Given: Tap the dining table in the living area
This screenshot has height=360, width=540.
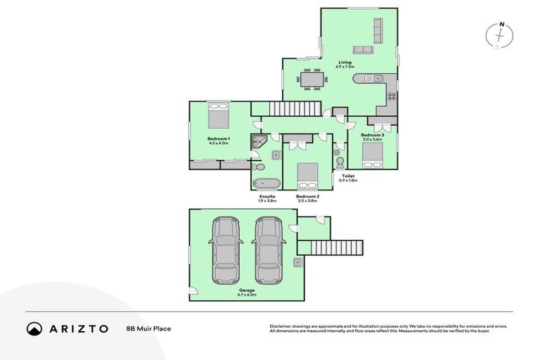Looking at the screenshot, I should pos(311,79).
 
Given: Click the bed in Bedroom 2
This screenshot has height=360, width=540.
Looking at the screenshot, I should pos(306,173).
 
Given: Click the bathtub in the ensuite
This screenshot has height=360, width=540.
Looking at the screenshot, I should pos(266,184).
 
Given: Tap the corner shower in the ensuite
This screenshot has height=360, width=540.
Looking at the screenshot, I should pos(259,141).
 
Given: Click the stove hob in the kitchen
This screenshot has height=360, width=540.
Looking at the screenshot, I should pos(390,98).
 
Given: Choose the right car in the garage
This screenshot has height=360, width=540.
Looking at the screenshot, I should pos(267,251).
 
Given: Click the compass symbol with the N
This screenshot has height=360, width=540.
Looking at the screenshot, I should pos(501,36).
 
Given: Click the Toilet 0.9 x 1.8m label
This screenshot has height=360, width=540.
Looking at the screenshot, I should pos(348,178).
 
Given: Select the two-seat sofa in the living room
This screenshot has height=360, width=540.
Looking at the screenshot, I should pos(364,50).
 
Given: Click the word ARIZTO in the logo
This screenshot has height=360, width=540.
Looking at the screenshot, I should pos(78,328).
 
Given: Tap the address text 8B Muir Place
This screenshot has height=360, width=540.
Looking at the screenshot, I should pos(148,328).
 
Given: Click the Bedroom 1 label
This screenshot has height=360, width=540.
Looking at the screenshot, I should pos(219,141).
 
